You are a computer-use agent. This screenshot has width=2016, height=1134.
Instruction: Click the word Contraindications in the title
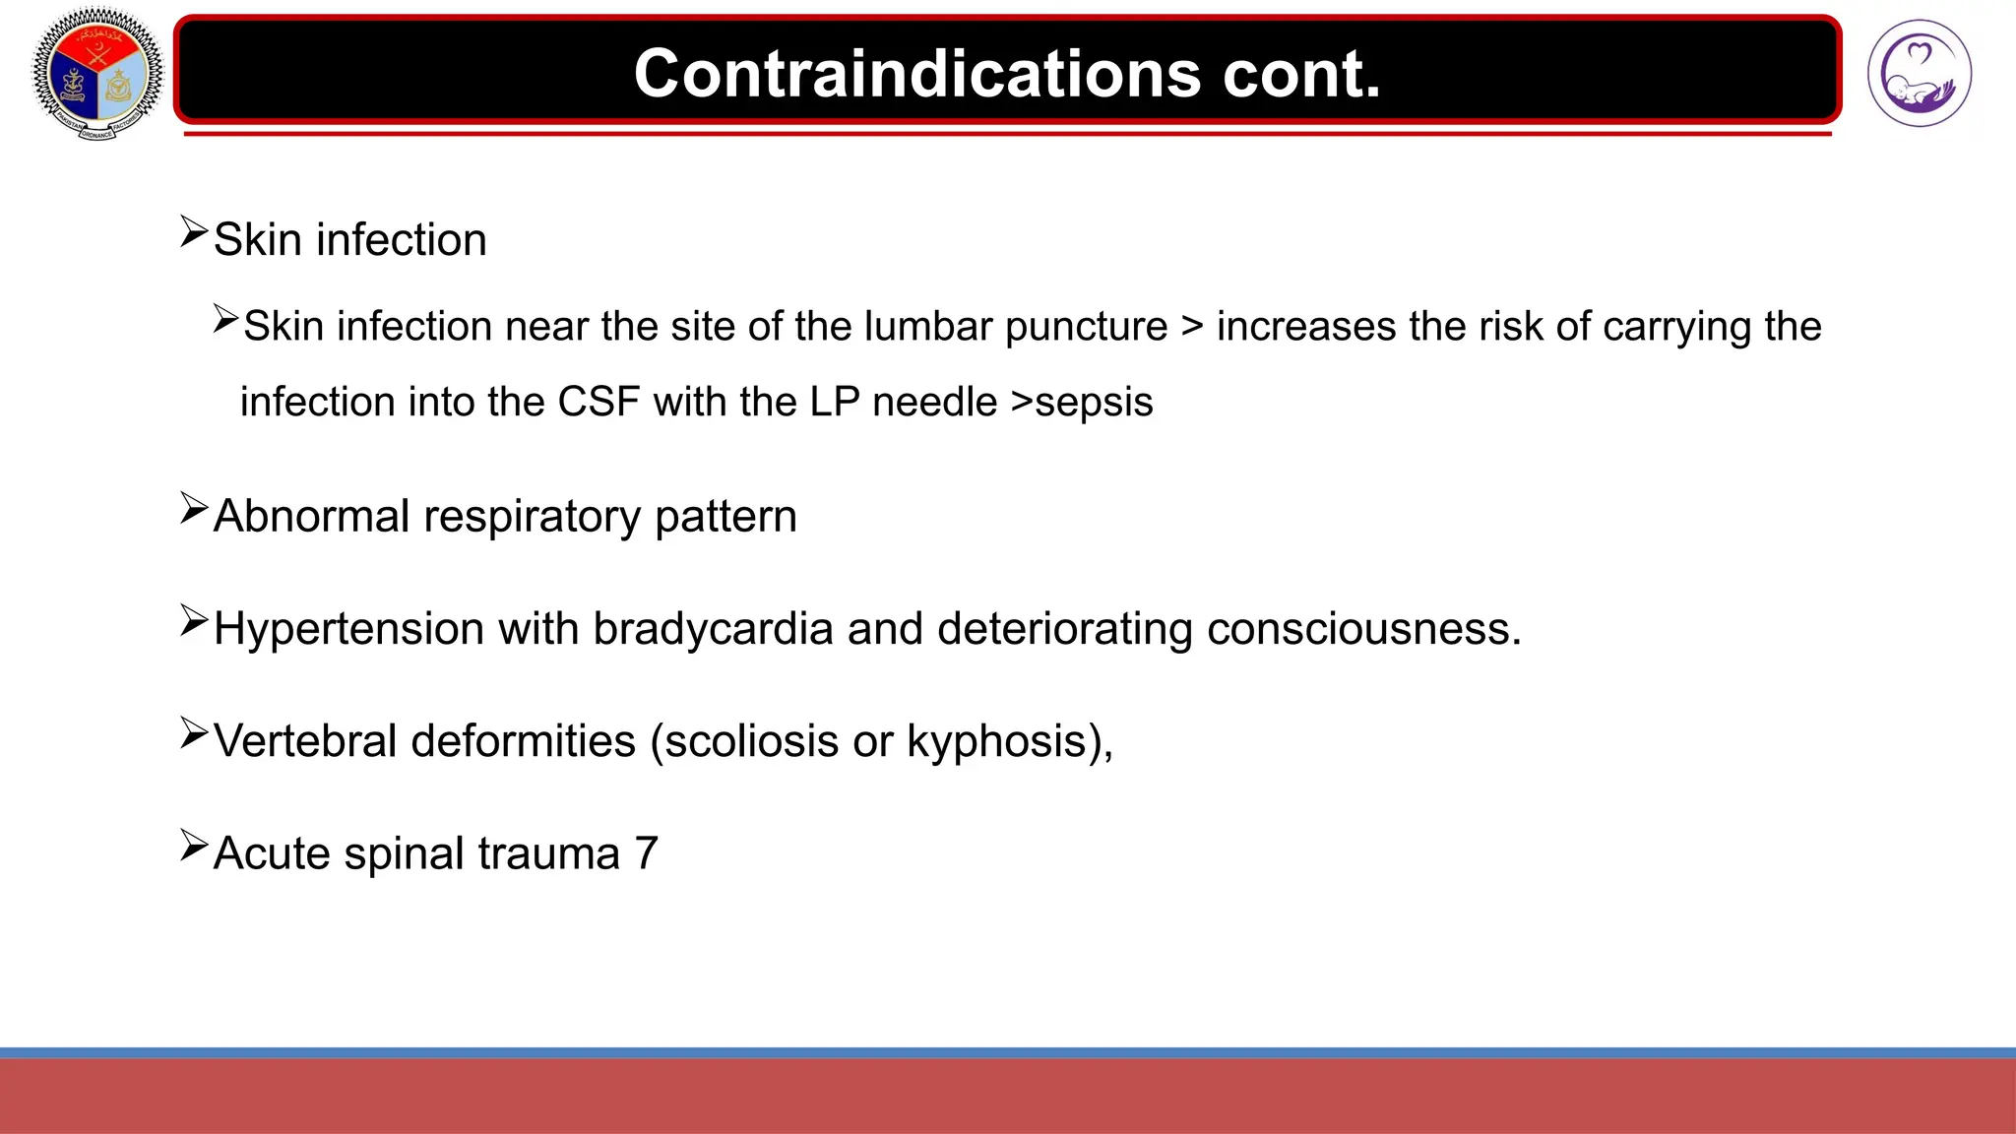tap(916, 74)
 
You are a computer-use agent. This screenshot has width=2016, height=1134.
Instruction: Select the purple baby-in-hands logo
tap(1919, 74)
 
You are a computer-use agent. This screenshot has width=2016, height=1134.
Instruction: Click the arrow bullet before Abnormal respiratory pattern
tap(194, 510)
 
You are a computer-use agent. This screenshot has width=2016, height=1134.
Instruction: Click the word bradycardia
tap(713, 629)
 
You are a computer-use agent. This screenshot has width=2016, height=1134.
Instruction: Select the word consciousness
tap(1363, 629)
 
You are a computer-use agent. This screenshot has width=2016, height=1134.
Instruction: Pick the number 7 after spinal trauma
tap(646, 853)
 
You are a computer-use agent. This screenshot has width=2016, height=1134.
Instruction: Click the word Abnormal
tap(311, 517)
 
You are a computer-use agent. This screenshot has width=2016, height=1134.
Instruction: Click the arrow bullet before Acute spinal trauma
tap(194, 847)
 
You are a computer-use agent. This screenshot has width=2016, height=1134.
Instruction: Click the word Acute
tap(272, 853)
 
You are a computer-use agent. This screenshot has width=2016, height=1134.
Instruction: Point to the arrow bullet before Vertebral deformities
tap(194, 734)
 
